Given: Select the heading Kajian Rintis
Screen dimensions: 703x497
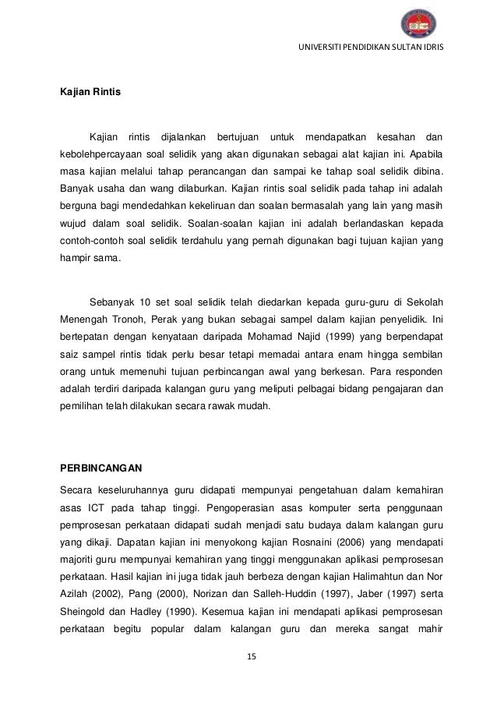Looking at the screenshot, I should tap(86, 92).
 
